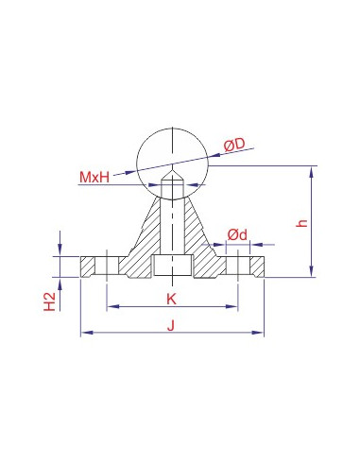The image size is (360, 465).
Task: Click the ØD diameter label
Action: click(234, 144)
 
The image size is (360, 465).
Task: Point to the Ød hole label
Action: click(238, 232)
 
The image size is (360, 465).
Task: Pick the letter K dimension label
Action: click(171, 299)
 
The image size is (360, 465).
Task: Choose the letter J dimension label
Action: click(171, 325)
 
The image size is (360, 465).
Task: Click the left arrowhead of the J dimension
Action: click(84, 333)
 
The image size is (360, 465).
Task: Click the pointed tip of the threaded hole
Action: click(172, 173)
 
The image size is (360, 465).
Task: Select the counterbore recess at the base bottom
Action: click(172, 267)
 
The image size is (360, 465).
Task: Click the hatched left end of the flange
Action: click(89, 266)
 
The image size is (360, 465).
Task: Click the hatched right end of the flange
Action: click(255, 266)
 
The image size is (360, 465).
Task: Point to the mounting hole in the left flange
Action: click(110, 266)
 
